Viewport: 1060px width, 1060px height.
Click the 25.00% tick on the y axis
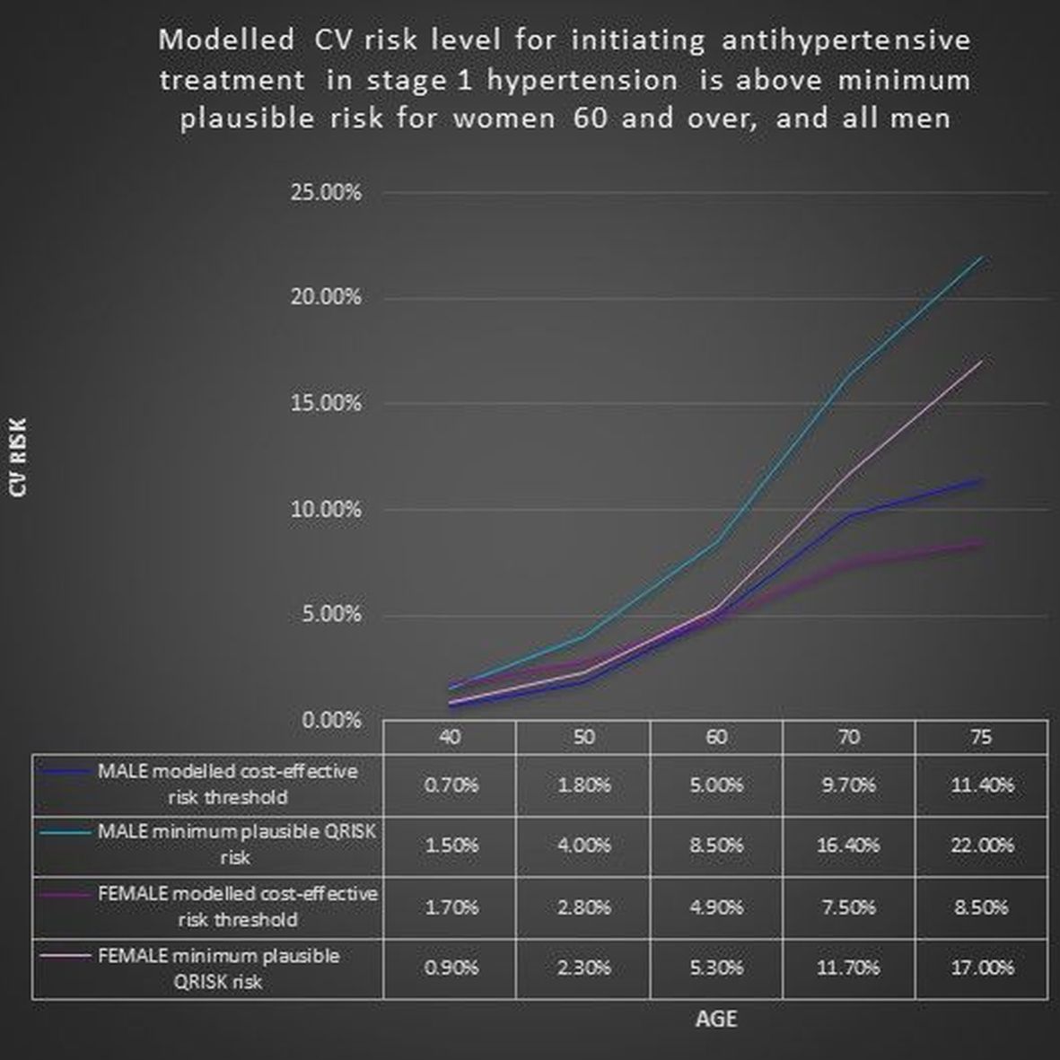click(x=326, y=193)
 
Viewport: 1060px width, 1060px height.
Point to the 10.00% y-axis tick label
click(x=326, y=510)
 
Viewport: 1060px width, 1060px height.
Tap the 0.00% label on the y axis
click(x=331, y=721)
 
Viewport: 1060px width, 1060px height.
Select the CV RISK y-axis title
click(x=18, y=457)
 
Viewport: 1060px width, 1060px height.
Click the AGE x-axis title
click(x=715, y=1020)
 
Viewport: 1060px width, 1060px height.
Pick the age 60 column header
click(x=715, y=738)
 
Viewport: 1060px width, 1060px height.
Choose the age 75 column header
click(x=981, y=738)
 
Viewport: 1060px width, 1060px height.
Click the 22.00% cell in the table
click(x=982, y=845)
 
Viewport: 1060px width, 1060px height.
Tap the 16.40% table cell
click(x=849, y=845)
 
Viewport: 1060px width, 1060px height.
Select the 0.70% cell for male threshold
click(x=450, y=785)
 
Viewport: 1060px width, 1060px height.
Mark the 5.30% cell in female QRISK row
click(x=715, y=968)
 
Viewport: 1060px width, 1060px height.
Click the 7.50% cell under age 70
click(x=849, y=907)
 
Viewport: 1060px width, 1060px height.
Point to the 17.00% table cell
click(x=982, y=968)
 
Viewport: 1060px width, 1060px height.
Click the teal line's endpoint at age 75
click(x=982, y=258)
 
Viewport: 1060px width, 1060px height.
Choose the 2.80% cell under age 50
click(x=583, y=907)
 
